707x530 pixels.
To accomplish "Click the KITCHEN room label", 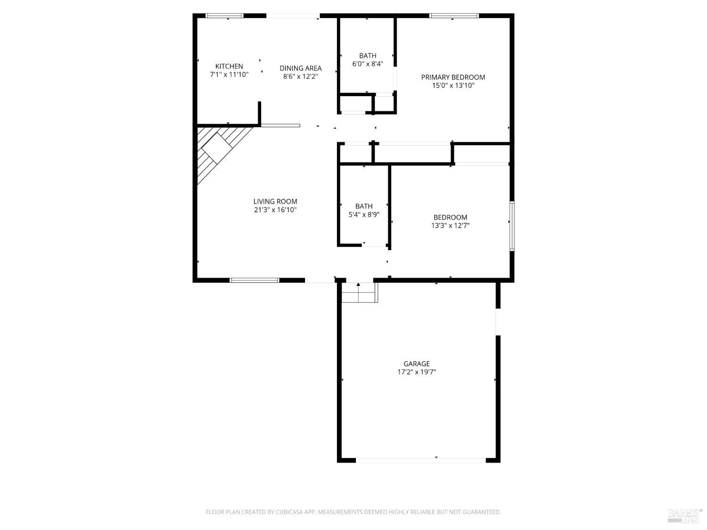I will click(x=229, y=66).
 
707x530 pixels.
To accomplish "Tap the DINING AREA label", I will click(x=300, y=68).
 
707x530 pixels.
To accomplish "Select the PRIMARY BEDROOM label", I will click(x=452, y=77).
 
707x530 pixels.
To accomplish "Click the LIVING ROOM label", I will click(x=275, y=202).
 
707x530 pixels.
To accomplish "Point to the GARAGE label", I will click(x=416, y=364).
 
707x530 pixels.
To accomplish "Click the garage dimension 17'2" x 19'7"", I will click(x=416, y=372).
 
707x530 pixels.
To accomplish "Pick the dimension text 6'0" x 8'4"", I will click(x=368, y=64).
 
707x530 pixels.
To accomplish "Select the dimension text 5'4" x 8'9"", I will click(x=363, y=214).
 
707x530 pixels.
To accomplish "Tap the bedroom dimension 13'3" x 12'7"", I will click(x=450, y=226).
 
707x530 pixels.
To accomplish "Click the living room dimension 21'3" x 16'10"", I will click(x=275, y=210).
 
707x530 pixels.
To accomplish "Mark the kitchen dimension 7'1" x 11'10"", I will click(x=229, y=74).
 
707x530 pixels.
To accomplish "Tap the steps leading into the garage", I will click(x=359, y=293).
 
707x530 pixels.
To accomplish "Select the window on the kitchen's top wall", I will click(x=225, y=16).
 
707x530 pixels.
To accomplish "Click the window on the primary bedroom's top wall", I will click(x=453, y=16).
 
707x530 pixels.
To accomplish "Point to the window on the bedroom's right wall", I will click(x=512, y=226).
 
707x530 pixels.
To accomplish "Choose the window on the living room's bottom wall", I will click(x=254, y=280).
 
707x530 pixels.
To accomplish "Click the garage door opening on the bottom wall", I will click(x=420, y=460).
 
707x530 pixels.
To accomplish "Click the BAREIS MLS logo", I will click(x=685, y=516).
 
